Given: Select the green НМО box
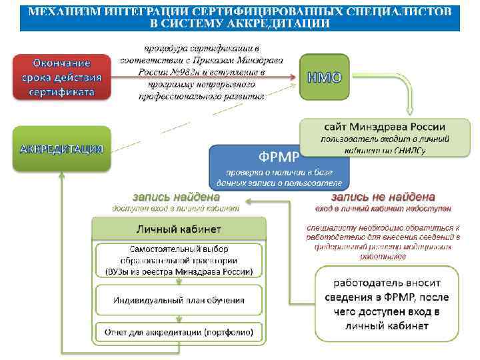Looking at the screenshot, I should pyautogui.click(x=324, y=77).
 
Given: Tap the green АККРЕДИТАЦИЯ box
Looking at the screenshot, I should pyautogui.click(x=62, y=148).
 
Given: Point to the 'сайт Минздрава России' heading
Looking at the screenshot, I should pyautogui.click(x=385, y=127).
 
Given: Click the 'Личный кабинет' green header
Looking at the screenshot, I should pyautogui.click(x=178, y=229).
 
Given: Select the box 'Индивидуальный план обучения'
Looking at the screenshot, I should pyautogui.click(x=178, y=301).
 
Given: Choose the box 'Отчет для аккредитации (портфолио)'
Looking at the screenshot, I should pyautogui.click(x=178, y=331).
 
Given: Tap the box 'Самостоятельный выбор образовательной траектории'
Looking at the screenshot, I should pyautogui.click(x=178, y=261).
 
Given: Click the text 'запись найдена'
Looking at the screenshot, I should pyautogui.click(x=176, y=197).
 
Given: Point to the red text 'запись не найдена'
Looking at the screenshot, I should pyautogui.click(x=383, y=197).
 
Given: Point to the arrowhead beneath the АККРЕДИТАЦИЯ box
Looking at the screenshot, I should pyautogui.click(x=62, y=175).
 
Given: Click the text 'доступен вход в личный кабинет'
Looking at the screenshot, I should pyautogui.click(x=176, y=209).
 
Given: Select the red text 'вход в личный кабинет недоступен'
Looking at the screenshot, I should pyautogui.click(x=383, y=209).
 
